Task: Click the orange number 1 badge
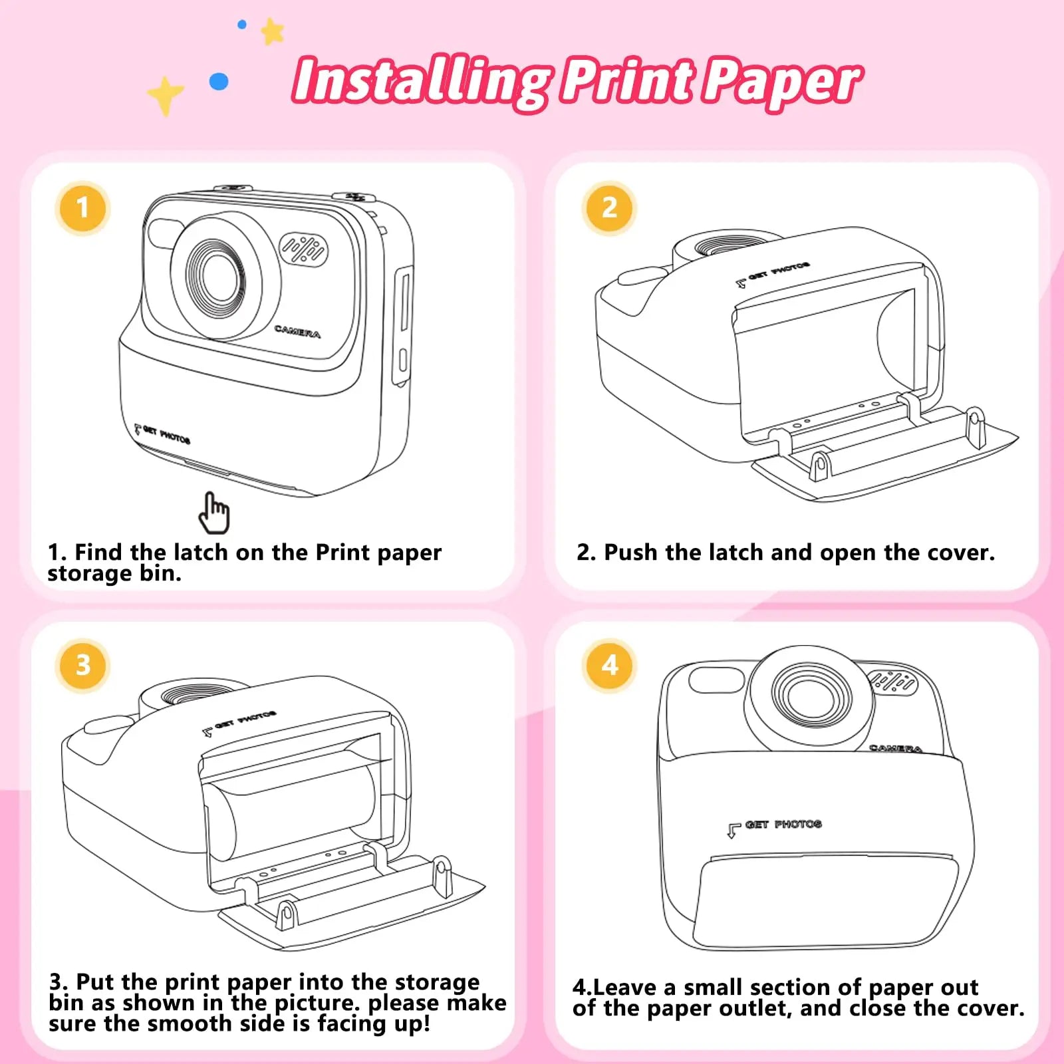point(82,208)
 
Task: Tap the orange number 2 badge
point(609,208)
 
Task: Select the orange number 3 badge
point(82,665)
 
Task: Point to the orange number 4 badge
point(609,665)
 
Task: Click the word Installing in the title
point(420,81)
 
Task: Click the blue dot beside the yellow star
point(219,82)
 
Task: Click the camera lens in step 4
point(807,695)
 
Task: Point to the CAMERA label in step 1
point(297,331)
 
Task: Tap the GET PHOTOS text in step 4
point(783,825)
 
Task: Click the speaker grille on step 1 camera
point(303,250)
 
